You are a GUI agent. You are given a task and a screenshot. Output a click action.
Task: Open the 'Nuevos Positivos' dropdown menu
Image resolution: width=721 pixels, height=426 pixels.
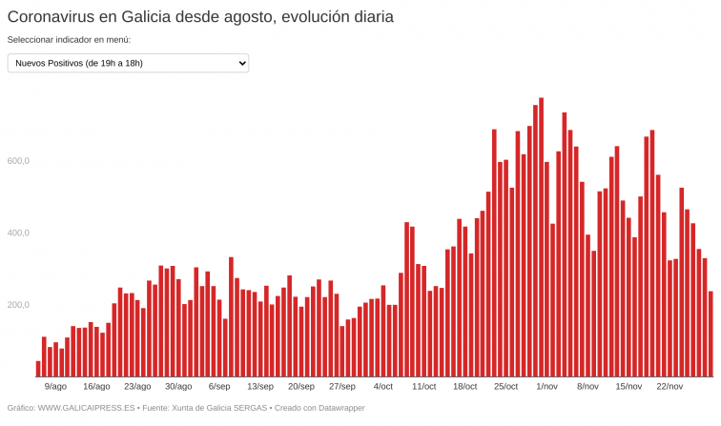(128, 63)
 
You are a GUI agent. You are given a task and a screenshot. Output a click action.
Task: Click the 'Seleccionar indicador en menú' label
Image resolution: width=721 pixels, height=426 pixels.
(69, 40)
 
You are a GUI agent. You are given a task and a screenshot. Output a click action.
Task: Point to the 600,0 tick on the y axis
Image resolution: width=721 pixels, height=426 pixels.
(19, 161)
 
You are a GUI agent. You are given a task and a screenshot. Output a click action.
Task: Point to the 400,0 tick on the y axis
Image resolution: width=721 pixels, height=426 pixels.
(19, 233)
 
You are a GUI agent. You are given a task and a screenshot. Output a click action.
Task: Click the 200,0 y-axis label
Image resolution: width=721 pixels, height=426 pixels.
(19, 305)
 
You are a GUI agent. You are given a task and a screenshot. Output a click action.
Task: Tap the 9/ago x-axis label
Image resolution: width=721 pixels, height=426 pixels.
(55, 387)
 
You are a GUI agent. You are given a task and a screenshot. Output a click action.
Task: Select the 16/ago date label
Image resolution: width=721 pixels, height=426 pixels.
(96, 387)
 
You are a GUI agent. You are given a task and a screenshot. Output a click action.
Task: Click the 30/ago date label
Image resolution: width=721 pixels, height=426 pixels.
(178, 387)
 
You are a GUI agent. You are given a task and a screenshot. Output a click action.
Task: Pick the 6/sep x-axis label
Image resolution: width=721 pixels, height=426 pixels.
(219, 387)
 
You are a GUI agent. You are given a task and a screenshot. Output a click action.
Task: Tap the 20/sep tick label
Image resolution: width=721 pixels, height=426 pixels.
(301, 387)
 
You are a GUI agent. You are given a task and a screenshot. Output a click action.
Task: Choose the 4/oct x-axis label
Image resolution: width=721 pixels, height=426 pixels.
(383, 387)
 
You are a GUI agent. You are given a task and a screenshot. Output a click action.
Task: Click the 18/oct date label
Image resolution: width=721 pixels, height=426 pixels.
(465, 387)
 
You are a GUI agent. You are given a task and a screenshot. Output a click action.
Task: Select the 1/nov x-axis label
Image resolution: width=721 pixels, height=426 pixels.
(547, 387)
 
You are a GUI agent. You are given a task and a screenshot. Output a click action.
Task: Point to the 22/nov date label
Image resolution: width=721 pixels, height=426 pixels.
(669, 387)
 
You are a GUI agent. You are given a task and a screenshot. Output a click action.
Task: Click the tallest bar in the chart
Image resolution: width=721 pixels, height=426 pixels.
(541, 238)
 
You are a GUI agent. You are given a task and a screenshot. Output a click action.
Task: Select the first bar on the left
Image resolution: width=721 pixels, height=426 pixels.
(38, 369)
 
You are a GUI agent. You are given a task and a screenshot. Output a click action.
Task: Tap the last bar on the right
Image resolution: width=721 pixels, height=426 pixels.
(711, 334)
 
